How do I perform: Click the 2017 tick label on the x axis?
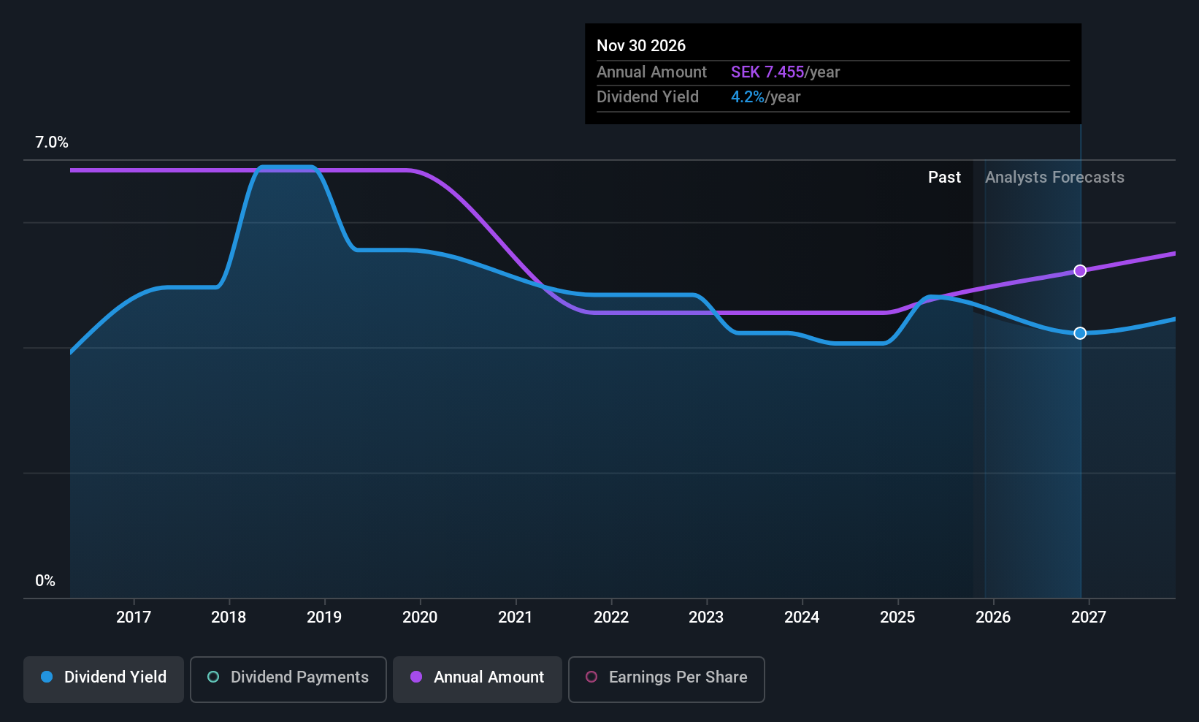(x=134, y=617)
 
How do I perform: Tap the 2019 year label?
(x=324, y=617)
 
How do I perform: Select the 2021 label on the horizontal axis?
(x=516, y=617)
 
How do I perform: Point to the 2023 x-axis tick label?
(x=706, y=617)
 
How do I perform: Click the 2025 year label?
(x=897, y=617)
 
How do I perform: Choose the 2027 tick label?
(x=1089, y=617)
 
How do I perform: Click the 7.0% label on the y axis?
(x=52, y=142)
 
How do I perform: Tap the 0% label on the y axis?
(x=45, y=581)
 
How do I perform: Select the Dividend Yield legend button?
(x=104, y=677)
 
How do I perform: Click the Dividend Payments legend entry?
(x=288, y=677)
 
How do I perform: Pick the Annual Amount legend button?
(x=478, y=677)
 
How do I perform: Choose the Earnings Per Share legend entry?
(x=667, y=677)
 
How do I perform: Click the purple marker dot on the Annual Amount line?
(x=1080, y=271)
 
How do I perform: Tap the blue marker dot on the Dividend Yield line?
(x=1080, y=333)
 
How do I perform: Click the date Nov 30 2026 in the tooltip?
(x=641, y=45)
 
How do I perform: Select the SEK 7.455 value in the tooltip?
(x=767, y=72)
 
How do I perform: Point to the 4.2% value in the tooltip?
(x=748, y=97)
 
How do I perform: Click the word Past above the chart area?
(x=944, y=178)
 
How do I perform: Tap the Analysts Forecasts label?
(x=1054, y=178)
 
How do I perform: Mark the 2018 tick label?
(x=229, y=617)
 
